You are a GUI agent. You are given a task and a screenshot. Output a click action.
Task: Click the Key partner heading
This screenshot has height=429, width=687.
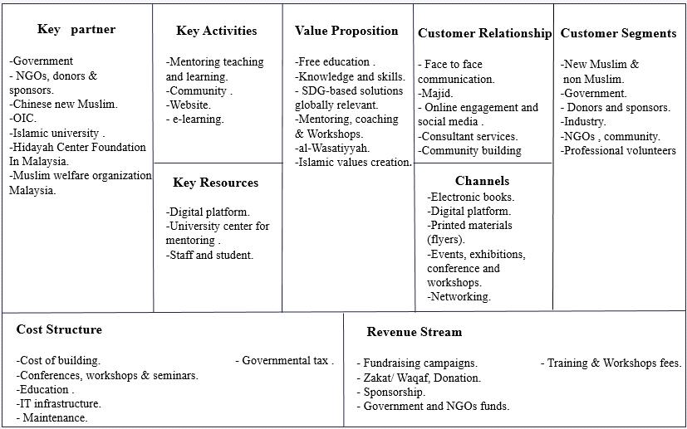tap(76, 30)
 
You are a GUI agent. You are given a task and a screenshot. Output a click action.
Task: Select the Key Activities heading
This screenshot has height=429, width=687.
tap(217, 31)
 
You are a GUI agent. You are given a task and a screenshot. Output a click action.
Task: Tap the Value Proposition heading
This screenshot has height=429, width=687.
tap(346, 31)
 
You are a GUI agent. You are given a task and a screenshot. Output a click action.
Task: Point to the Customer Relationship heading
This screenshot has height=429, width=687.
tap(484, 33)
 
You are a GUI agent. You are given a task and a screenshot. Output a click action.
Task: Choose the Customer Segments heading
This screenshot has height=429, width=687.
tap(618, 33)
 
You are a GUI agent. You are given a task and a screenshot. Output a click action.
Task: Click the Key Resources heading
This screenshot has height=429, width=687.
tap(216, 183)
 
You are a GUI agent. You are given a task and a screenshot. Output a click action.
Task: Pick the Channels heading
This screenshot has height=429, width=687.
tap(482, 181)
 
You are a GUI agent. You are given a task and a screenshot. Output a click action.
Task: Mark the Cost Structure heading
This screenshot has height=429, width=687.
tap(59, 329)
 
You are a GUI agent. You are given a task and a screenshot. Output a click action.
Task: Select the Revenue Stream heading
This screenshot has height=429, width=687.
tap(414, 332)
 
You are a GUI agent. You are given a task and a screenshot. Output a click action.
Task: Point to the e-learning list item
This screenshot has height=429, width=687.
tap(194, 119)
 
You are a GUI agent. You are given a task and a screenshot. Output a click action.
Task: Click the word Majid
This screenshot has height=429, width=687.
tap(438, 93)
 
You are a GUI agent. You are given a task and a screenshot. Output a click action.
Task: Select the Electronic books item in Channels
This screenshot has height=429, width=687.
tap(471, 197)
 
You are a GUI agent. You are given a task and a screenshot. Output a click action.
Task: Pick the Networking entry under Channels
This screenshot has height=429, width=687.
tap(459, 296)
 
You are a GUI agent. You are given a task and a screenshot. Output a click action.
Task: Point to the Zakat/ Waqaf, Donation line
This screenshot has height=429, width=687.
tap(419, 378)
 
